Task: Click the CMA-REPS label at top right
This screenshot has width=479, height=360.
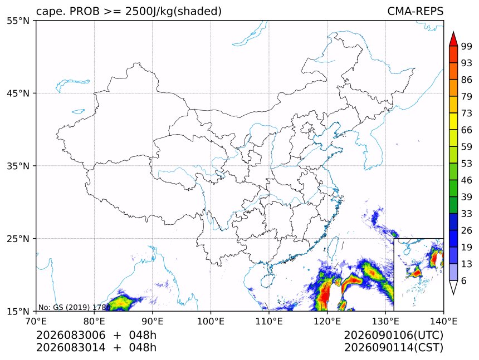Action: point(415,11)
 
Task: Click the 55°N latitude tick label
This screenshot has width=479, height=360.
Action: point(18,21)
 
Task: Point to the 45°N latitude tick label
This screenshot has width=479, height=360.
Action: point(18,93)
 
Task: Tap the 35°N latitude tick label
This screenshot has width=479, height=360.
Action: point(18,166)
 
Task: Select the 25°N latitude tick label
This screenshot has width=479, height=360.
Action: point(18,239)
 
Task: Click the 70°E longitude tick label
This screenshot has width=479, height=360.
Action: point(36,321)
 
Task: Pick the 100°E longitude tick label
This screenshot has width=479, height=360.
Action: point(211,321)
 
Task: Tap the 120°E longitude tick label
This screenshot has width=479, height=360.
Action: point(327,321)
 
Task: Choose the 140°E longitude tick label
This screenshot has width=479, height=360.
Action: point(443,321)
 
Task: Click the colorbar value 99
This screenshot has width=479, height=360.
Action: point(467,46)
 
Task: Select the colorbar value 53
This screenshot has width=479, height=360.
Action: point(467,164)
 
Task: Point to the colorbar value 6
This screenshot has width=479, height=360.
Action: point(464,280)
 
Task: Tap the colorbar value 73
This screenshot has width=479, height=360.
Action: point(467,113)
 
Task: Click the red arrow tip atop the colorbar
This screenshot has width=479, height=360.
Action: point(453,32)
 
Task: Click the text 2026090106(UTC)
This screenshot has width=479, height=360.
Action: point(394,335)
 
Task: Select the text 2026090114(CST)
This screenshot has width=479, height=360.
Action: point(394,348)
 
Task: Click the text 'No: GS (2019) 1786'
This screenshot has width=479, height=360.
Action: point(74,307)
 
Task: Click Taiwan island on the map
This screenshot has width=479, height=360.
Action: point(333,248)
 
